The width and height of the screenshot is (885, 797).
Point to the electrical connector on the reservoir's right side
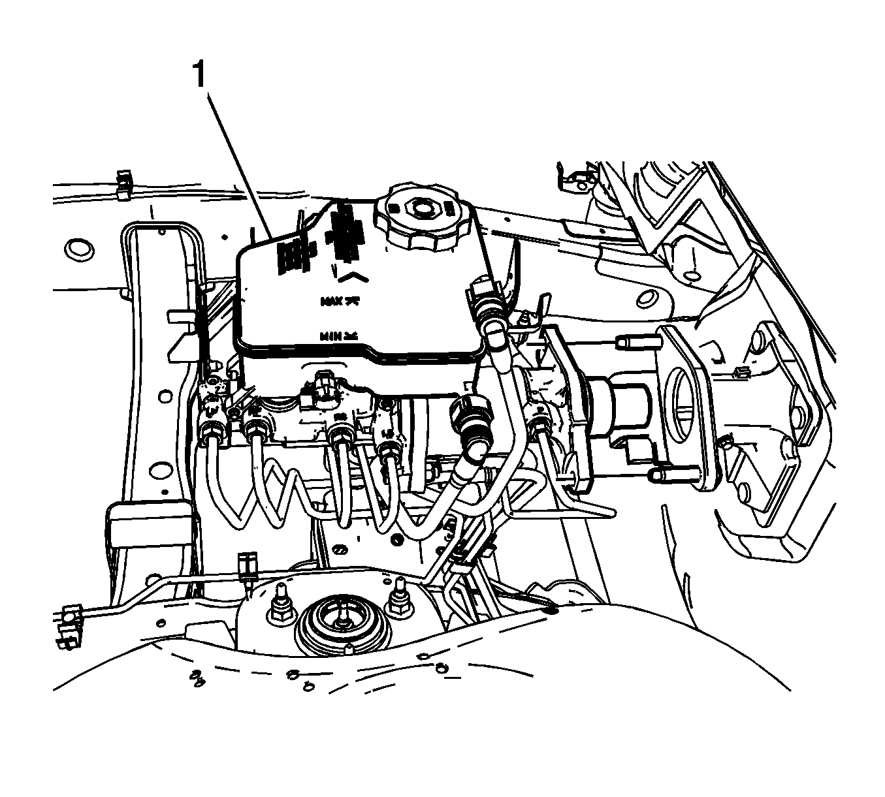pyautogui.click(x=481, y=297)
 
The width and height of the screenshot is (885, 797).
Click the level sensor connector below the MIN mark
pyautogui.click(x=322, y=384)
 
